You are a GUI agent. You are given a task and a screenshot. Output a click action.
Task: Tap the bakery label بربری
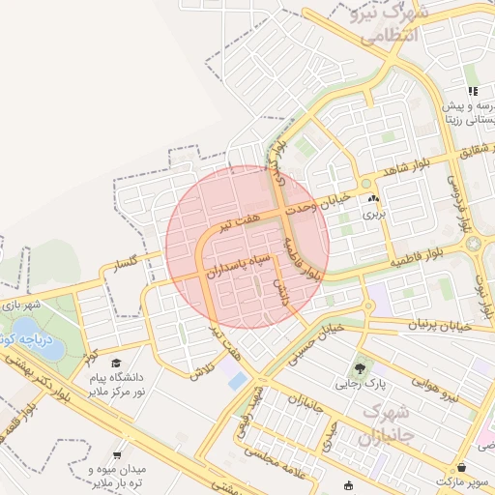click(x=373, y=215)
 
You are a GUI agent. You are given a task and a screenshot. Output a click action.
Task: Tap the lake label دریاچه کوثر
click(x=29, y=340)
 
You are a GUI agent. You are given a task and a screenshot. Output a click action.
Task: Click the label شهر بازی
click(x=21, y=306)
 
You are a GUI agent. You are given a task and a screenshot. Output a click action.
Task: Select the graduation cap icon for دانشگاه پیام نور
click(x=116, y=363)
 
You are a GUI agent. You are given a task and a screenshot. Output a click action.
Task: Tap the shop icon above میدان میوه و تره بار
click(x=117, y=453)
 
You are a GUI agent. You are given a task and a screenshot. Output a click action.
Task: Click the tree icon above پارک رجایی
click(x=361, y=367)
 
